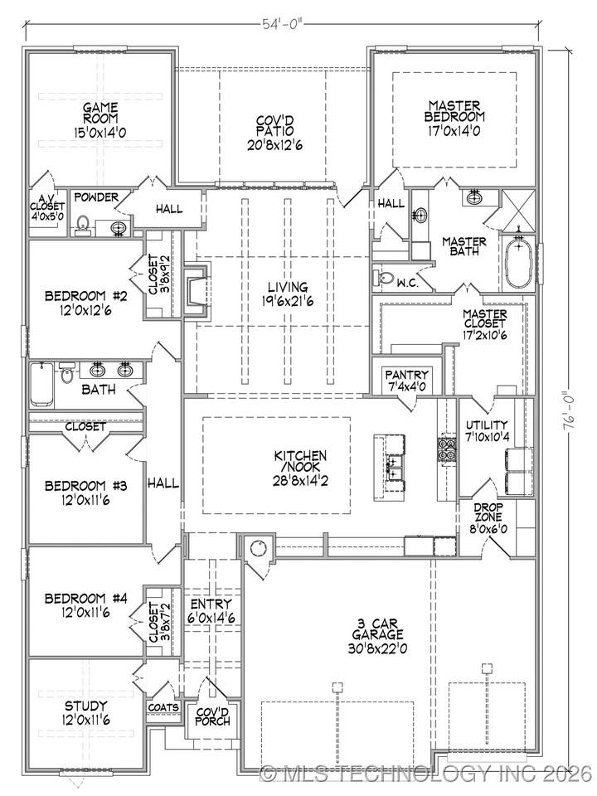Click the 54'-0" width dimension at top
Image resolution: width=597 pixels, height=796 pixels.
coord(282,23)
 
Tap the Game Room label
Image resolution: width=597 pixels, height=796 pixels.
coord(100,114)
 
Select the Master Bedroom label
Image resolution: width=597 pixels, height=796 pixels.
coord(454,110)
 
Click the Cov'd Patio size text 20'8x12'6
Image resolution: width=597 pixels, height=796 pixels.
coord(274,144)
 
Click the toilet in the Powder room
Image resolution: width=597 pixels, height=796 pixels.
coord(83,226)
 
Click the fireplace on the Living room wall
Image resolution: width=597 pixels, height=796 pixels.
coord(196,292)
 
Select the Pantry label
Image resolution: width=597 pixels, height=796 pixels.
coord(406,375)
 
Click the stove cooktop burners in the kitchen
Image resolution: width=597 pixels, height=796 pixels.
coord(446,449)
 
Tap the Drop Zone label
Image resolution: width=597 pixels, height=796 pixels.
coord(488,512)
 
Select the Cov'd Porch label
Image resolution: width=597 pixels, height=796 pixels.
coord(212,716)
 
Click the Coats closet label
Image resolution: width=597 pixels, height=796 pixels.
coord(163,707)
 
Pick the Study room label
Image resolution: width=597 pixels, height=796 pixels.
coord(85,706)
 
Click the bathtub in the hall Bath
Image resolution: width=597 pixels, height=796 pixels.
coord(41,384)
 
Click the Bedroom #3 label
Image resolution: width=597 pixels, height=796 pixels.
coord(85,486)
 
